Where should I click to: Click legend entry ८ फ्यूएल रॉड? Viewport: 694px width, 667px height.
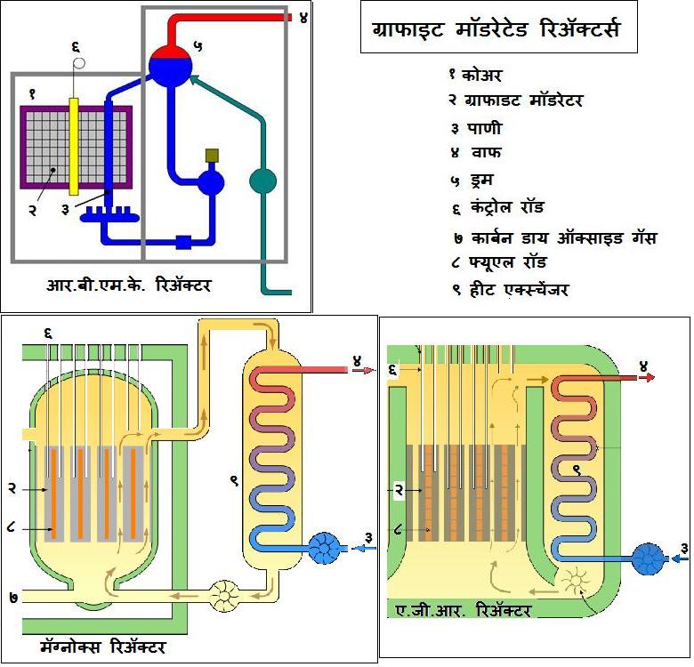499,262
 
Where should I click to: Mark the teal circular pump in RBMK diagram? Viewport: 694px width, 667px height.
263,181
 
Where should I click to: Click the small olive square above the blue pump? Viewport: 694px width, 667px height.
213,156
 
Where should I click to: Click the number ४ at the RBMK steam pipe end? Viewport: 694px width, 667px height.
303,16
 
